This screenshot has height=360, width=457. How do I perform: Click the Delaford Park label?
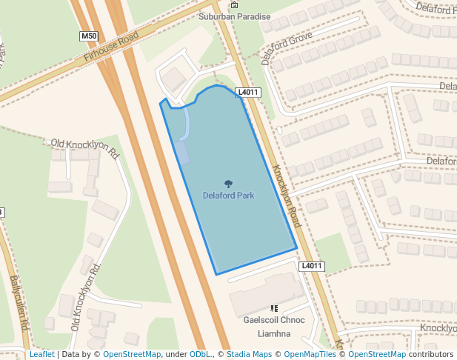pos(228,196)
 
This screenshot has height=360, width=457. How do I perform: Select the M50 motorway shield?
pos(89,36)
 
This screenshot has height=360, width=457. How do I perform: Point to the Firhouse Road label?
pos(111,47)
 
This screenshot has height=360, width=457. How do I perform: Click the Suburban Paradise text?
pos(235,16)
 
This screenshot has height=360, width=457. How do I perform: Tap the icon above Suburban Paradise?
pos(234,5)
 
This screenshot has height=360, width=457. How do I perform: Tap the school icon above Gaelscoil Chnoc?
pos(274,308)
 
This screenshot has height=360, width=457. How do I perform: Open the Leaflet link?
pos(41,355)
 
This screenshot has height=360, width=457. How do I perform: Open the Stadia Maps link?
pos(249,355)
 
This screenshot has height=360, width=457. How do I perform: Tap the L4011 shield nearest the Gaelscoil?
pos(313,266)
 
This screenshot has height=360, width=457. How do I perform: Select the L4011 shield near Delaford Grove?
pos(248,93)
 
